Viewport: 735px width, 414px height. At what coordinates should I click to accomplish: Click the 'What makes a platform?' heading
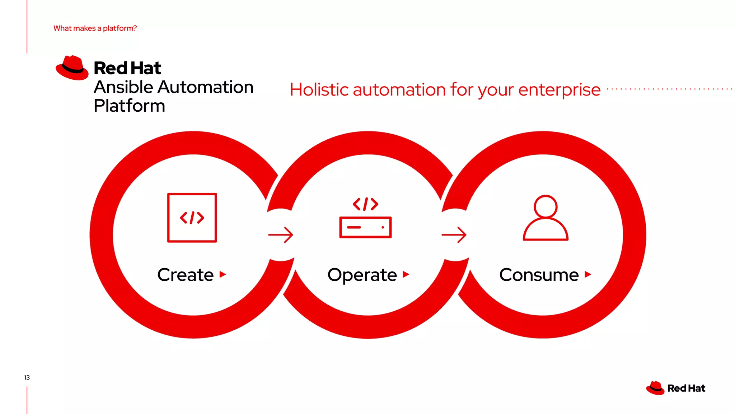95,28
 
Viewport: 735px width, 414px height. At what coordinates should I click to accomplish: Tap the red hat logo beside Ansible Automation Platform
72,68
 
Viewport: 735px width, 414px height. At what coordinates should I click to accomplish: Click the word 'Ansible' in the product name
124,87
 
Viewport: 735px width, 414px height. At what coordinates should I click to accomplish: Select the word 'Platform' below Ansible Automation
129,106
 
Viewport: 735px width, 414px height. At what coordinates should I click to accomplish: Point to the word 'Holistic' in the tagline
319,90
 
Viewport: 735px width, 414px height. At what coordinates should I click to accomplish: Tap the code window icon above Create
192,218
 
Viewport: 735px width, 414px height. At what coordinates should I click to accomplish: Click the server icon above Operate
365,227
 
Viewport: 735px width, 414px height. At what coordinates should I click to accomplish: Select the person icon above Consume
546,218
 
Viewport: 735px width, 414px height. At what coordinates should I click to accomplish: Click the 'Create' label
186,275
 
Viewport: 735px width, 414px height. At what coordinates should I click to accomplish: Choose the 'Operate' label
362,275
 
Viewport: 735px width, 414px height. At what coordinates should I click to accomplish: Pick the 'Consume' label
539,275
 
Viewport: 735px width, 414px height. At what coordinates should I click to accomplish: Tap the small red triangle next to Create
223,275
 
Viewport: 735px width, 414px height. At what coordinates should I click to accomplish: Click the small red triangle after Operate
406,275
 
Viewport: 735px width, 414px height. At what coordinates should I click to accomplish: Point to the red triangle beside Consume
587,275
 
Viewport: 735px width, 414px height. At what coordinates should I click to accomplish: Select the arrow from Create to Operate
281,235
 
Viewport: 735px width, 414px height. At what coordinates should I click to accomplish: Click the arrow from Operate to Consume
454,235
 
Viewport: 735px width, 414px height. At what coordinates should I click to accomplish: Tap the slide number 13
27,377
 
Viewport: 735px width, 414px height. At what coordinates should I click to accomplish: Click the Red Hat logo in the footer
675,388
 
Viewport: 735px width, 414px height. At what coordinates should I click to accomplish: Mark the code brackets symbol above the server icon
365,204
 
